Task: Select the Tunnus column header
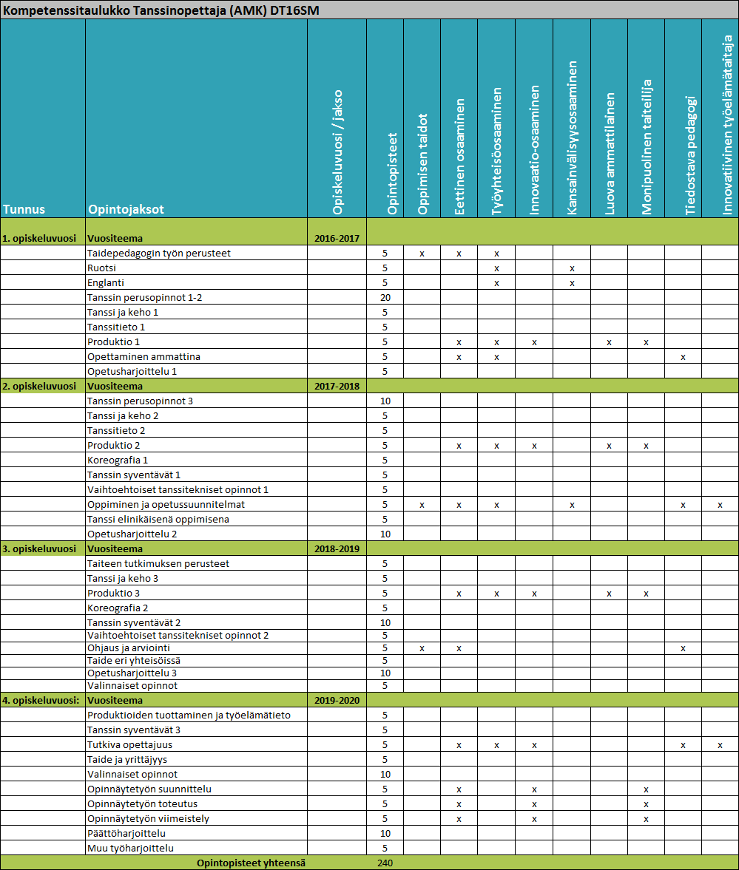23,209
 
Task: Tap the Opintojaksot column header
126,209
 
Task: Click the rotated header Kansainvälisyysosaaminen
572,138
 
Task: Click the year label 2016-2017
337,239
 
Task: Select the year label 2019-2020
337,700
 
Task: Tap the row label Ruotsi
101,268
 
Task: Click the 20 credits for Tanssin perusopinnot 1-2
385,298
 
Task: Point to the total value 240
385,863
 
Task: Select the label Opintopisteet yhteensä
251,863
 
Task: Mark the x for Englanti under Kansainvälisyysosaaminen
572,283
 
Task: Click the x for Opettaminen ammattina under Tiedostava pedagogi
683,357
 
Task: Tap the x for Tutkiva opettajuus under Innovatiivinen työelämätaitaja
720,744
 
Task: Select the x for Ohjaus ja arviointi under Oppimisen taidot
422,648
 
